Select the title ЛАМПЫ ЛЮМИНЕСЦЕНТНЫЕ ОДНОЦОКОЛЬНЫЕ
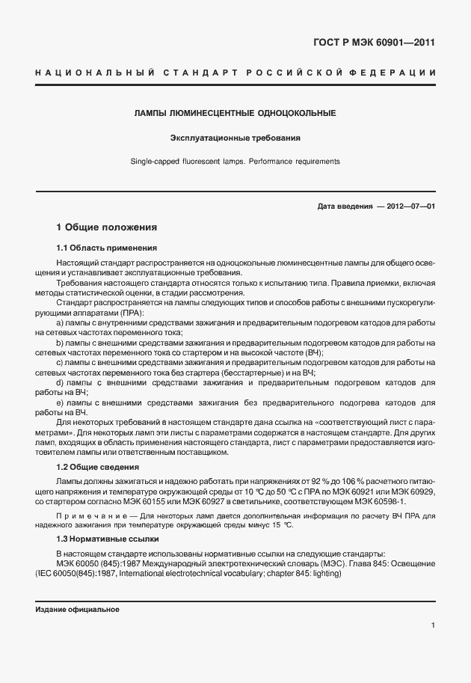[x=234, y=113]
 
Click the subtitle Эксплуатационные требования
[x=235, y=138]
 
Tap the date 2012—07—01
[x=411, y=206]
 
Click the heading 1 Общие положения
[x=107, y=227]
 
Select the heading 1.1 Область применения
[x=106, y=247]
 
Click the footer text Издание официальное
[x=77, y=609]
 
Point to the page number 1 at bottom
[x=433, y=625]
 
